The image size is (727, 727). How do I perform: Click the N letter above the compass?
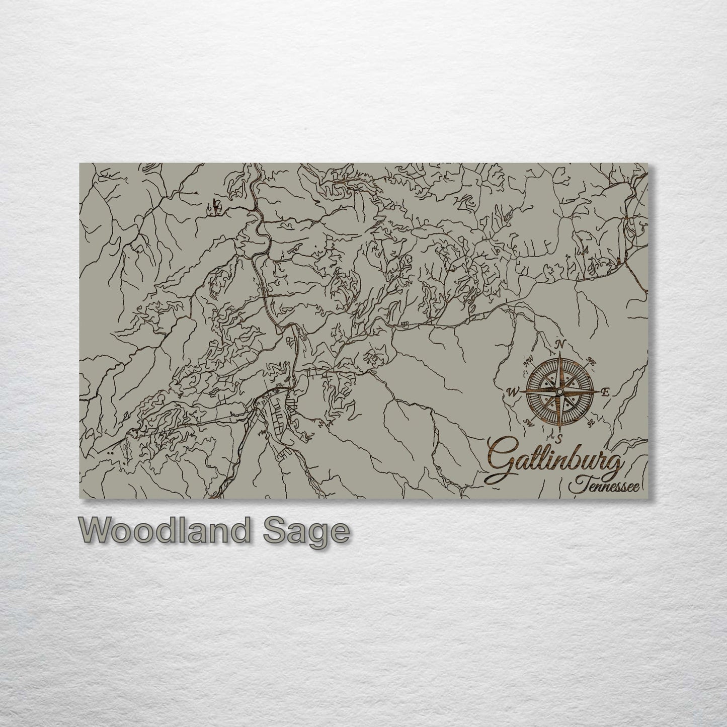(x=559, y=345)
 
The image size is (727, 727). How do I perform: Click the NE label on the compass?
(x=592, y=360)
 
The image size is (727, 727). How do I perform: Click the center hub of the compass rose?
(x=560, y=391)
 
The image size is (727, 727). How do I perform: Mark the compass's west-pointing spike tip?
(x=522, y=391)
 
